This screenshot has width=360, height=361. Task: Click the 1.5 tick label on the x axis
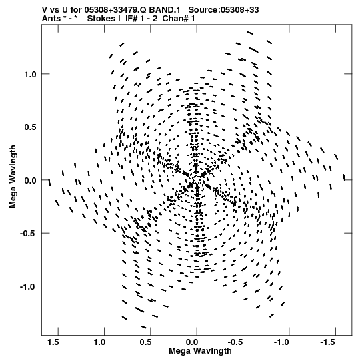[53, 342]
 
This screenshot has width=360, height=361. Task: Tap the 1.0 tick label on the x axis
[99, 342]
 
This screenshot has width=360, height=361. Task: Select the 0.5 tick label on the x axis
[145, 342]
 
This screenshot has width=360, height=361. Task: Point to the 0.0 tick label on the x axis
[192, 342]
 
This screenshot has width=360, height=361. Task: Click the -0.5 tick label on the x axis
[237, 342]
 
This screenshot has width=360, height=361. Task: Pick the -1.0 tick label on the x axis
[281, 342]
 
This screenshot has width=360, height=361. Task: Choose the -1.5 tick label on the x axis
[327, 342]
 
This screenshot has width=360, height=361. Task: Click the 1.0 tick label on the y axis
[31, 74]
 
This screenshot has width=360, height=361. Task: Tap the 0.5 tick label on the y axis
[31, 127]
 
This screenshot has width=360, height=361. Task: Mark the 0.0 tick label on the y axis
[31, 180]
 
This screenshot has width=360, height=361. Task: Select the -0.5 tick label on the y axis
[28, 234]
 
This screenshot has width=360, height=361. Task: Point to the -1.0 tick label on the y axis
[28, 287]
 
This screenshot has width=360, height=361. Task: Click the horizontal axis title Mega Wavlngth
[200, 351]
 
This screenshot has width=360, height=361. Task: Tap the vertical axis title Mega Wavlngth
[13, 177]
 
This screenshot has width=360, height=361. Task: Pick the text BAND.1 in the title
[165, 10]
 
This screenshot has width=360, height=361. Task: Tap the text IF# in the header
[131, 19]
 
